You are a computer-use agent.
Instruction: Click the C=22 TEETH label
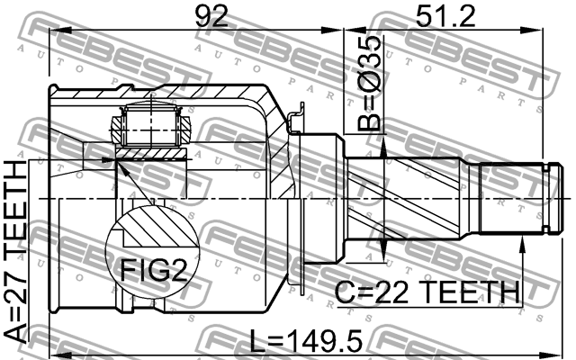point(427,292)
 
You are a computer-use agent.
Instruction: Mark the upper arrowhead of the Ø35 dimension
point(384,151)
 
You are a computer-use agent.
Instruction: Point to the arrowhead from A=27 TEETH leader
point(117,160)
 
